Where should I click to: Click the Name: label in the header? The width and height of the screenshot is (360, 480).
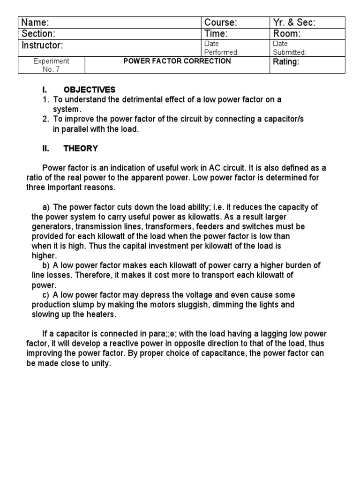[x=36, y=22]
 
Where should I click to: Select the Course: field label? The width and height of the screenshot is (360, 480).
[x=221, y=22]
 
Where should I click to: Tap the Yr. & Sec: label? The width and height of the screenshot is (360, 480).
[x=294, y=22]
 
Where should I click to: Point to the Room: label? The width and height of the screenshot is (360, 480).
[x=287, y=34]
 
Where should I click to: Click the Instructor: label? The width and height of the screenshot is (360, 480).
[x=42, y=45]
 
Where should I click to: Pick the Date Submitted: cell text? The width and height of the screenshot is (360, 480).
[x=290, y=48]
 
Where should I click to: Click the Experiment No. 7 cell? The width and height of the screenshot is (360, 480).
[x=52, y=65]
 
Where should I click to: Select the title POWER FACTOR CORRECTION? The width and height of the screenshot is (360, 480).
[x=177, y=61]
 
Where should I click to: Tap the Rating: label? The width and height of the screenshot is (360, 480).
[x=286, y=62]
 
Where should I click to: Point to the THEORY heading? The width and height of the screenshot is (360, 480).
[x=81, y=149]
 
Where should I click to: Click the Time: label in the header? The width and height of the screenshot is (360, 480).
[x=216, y=34]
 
